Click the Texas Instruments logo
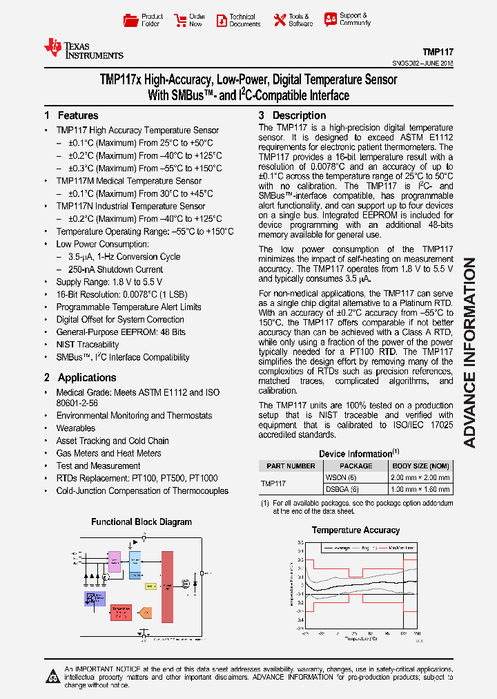[84, 48]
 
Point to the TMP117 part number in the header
[438, 52]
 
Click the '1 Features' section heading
[71, 115]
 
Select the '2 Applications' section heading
[80, 377]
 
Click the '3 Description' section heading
[292, 115]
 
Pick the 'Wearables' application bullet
[75, 428]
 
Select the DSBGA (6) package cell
[342, 488]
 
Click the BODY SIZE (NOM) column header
[420, 466]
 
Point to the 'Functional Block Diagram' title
[142, 522]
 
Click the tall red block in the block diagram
[167, 587]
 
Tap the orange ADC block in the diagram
[144, 612]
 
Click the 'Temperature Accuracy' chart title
[355, 530]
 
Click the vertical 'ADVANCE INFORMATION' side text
[469, 352]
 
